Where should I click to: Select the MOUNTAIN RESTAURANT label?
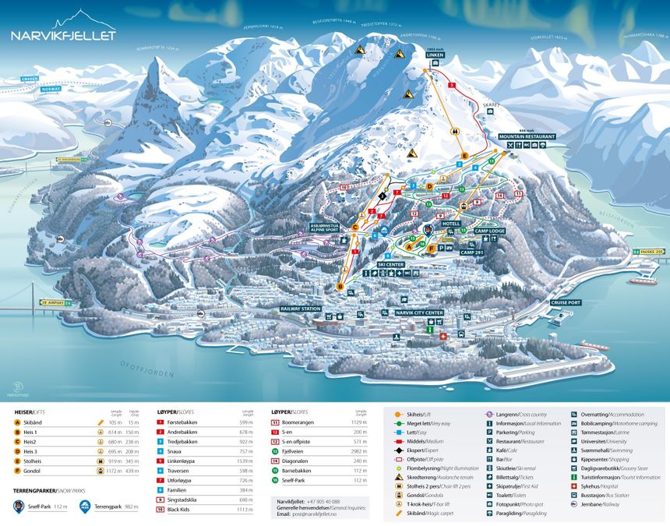pos(528,136)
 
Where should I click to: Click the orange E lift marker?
pos(464,157)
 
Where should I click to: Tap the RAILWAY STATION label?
pos(301,309)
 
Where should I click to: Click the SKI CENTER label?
pos(391,265)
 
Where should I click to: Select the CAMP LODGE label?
pos(488,231)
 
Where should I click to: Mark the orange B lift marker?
pos(339,287)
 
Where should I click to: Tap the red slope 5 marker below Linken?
pos(452,83)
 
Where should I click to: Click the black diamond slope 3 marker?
pos(382,198)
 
